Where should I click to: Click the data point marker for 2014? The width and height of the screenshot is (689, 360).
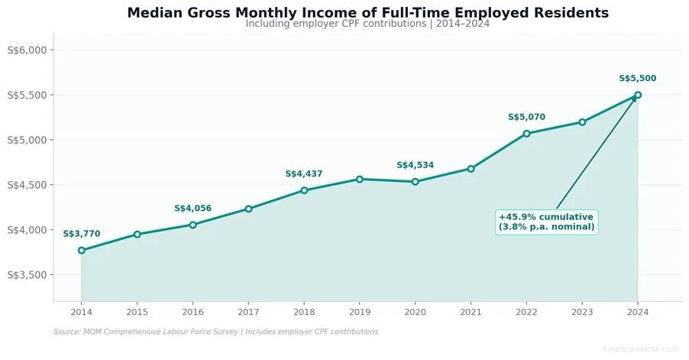[x=82, y=250]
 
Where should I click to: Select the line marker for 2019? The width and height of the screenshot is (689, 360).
[x=360, y=179]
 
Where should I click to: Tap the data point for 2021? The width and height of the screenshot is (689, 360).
[x=471, y=168]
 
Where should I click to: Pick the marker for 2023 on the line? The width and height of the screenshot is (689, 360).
[x=582, y=122]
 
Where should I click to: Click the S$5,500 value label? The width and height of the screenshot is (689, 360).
[x=637, y=79]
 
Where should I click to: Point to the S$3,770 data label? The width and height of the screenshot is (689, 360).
[x=82, y=234]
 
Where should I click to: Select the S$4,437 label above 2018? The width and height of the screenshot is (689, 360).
[x=304, y=174]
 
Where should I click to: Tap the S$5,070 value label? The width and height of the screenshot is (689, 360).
[x=526, y=117]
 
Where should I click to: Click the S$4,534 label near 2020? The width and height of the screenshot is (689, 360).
[x=415, y=165]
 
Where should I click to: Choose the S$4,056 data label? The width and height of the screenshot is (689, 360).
[x=192, y=209]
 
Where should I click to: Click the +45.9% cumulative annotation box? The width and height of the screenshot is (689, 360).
[x=546, y=222]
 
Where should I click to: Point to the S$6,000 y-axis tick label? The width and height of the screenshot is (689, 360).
[x=27, y=50]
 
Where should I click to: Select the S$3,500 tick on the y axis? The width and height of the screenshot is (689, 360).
[x=27, y=274]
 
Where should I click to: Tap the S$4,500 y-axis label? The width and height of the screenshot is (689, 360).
[x=27, y=185]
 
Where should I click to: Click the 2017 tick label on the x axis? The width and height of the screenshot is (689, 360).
[x=248, y=312]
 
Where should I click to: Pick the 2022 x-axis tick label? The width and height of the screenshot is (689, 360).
[x=526, y=312]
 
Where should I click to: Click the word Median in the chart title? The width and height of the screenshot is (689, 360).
[x=157, y=13]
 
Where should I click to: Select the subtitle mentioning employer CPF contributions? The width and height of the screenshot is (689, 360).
[x=367, y=24]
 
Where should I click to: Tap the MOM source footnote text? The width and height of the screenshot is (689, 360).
[x=215, y=332]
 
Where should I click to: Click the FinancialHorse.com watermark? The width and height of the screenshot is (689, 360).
[x=640, y=349]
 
